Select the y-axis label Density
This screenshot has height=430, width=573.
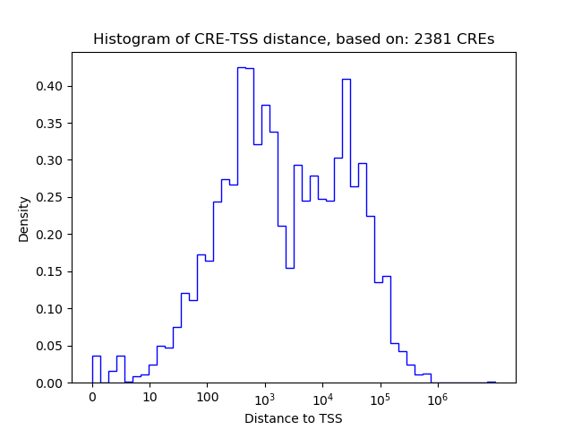(24, 219)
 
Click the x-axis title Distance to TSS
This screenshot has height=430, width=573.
(293, 418)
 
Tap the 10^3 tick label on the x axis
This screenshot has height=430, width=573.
(265, 399)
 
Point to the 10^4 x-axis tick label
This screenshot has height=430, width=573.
(322, 399)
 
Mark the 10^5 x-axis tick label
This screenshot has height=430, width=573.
(380, 399)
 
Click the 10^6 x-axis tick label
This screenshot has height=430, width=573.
(437, 399)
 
